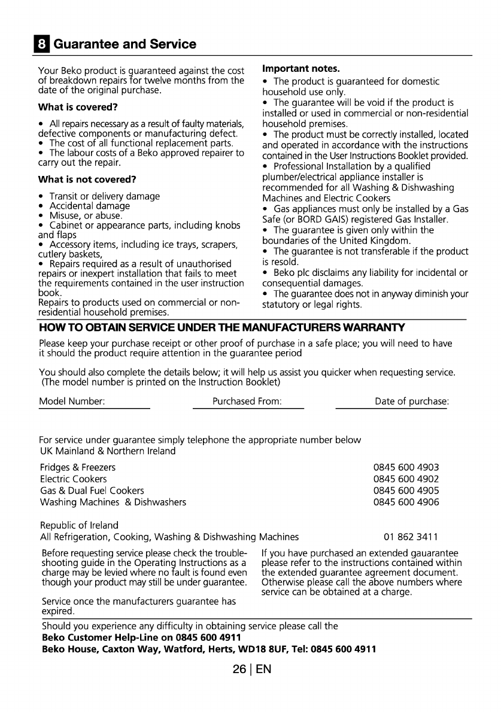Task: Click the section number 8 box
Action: [43, 44]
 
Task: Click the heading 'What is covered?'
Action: [78, 108]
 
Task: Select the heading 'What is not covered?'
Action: [87, 179]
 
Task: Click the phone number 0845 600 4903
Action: [406, 467]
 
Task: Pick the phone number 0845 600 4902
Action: [406, 479]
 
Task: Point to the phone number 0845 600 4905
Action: [406, 491]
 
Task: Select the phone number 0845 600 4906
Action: [406, 502]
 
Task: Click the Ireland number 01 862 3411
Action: [412, 537]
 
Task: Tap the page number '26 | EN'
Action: [253, 669]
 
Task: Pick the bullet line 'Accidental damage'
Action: [89, 205]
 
